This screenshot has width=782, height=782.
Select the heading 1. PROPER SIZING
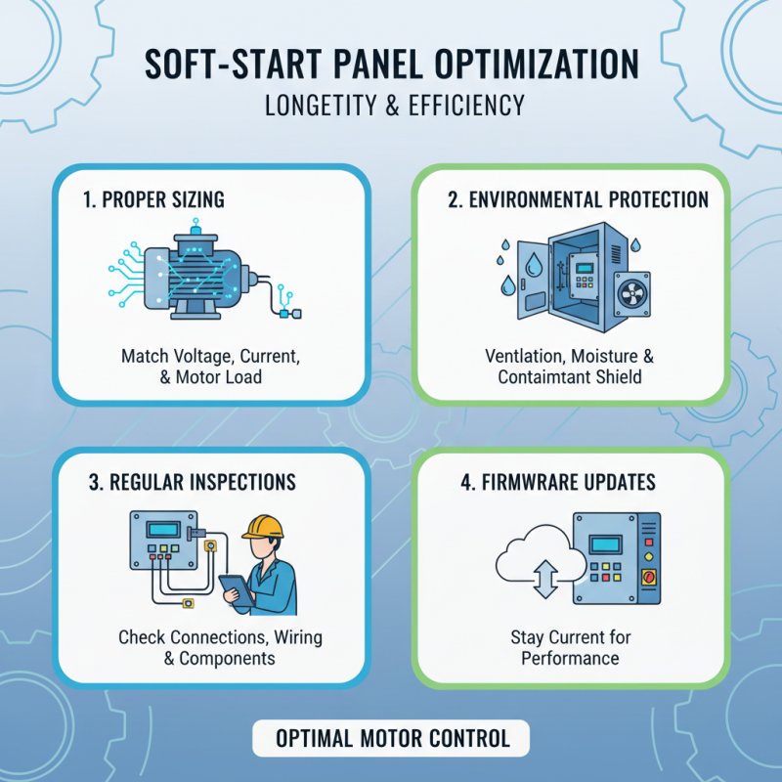tap(153, 200)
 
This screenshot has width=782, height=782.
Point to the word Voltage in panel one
tap(203, 356)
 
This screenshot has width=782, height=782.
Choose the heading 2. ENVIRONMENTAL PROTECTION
tap(578, 199)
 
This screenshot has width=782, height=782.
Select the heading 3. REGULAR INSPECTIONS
tap(190, 483)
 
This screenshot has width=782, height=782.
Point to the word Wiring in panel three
tap(293, 637)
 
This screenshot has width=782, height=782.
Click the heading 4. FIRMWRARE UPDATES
tap(558, 483)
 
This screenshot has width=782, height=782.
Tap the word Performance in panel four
tap(570, 658)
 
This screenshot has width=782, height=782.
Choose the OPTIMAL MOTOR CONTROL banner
tap(391, 738)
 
